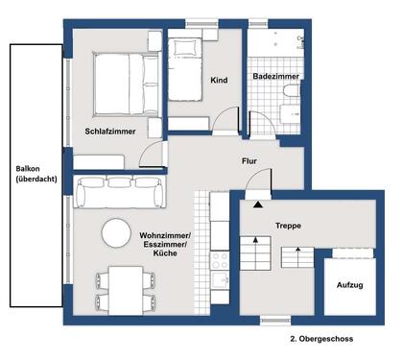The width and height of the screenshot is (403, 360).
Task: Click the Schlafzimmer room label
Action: [x=110, y=132]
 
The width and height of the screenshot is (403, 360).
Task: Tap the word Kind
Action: [x=219, y=80]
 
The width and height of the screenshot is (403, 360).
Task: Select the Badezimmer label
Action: [x=276, y=77]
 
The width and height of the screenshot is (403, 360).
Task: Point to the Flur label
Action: [x=249, y=161]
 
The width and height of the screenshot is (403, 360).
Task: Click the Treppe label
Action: [x=288, y=226]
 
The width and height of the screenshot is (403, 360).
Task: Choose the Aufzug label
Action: [x=350, y=285]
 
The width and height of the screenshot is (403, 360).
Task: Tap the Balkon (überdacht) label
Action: [x=36, y=174]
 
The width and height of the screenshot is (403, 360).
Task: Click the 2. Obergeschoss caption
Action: [x=321, y=339]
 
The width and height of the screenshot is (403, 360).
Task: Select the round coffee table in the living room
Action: [x=116, y=233]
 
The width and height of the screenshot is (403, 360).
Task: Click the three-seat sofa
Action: [x=120, y=192]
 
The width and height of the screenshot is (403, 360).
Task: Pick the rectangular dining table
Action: [x=126, y=291]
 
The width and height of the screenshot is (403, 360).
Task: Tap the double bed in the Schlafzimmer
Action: [x=127, y=84]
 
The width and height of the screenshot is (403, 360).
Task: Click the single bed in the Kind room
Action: [x=185, y=70]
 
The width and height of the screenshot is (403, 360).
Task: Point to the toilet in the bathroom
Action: [x=292, y=90]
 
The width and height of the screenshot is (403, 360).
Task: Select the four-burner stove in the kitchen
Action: [x=220, y=260]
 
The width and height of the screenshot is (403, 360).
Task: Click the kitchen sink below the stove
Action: [x=220, y=280]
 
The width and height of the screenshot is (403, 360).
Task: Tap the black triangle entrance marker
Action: [x=258, y=204]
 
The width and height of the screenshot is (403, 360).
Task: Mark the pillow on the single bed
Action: [x=185, y=48]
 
